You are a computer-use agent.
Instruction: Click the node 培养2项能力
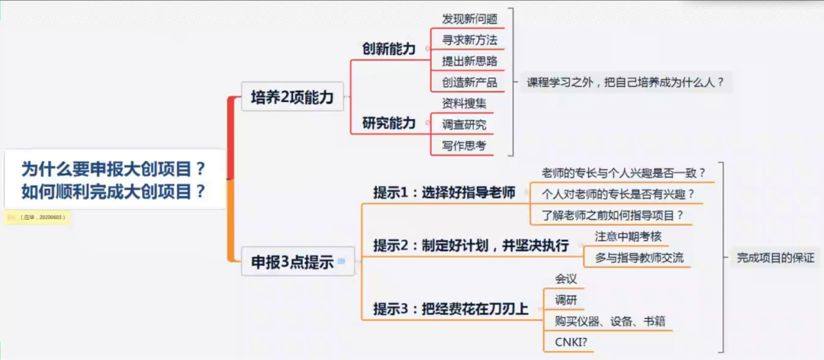click(x=292, y=97)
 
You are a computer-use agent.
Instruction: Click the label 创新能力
click(x=388, y=49)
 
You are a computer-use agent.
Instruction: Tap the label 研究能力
click(x=388, y=123)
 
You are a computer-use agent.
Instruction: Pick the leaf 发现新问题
click(x=469, y=18)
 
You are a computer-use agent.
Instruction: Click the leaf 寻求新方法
click(x=469, y=40)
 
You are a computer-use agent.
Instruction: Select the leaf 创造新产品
click(x=469, y=82)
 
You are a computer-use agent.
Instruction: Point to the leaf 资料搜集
click(x=464, y=103)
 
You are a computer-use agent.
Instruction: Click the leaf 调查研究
click(x=464, y=124)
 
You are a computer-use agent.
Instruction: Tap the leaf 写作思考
click(x=464, y=145)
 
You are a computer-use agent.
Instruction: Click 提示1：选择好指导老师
click(x=444, y=192)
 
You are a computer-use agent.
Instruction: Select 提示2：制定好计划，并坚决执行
click(x=471, y=246)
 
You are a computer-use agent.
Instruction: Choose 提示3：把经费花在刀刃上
click(x=449, y=309)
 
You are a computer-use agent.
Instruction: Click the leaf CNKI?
click(x=571, y=342)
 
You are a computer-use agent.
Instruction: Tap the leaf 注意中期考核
click(x=628, y=236)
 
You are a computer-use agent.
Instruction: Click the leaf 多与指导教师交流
click(x=639, y=258)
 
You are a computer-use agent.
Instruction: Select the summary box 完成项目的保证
click(x=775, y=258)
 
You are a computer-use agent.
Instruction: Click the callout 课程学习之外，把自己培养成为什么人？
click(x=625, y=82)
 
